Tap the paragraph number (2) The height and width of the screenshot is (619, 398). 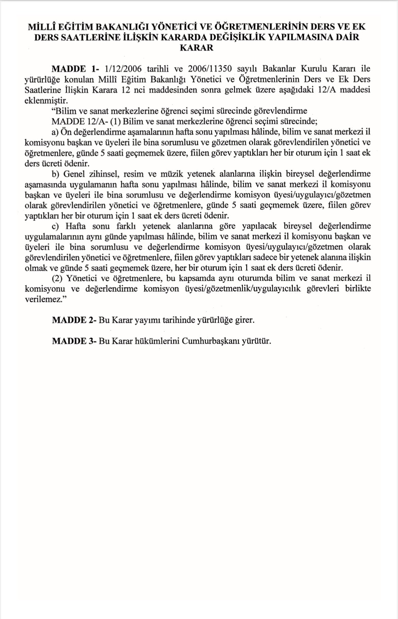point(57,279)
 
